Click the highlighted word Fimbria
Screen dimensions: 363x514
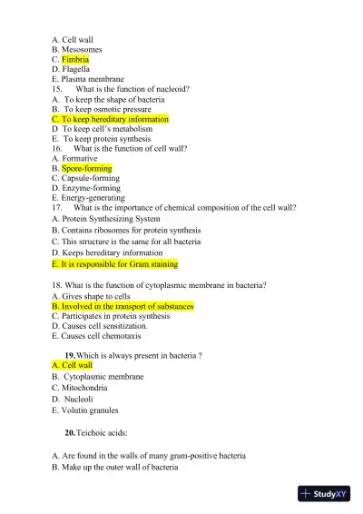tap(75, 59)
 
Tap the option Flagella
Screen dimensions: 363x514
tap(75, 69)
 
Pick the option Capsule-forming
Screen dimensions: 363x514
tap(91, 178)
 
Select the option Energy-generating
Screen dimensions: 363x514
tap(93, 198)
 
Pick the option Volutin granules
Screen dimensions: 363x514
tap(92, 410)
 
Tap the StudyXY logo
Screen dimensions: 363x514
tap(323, 495)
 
